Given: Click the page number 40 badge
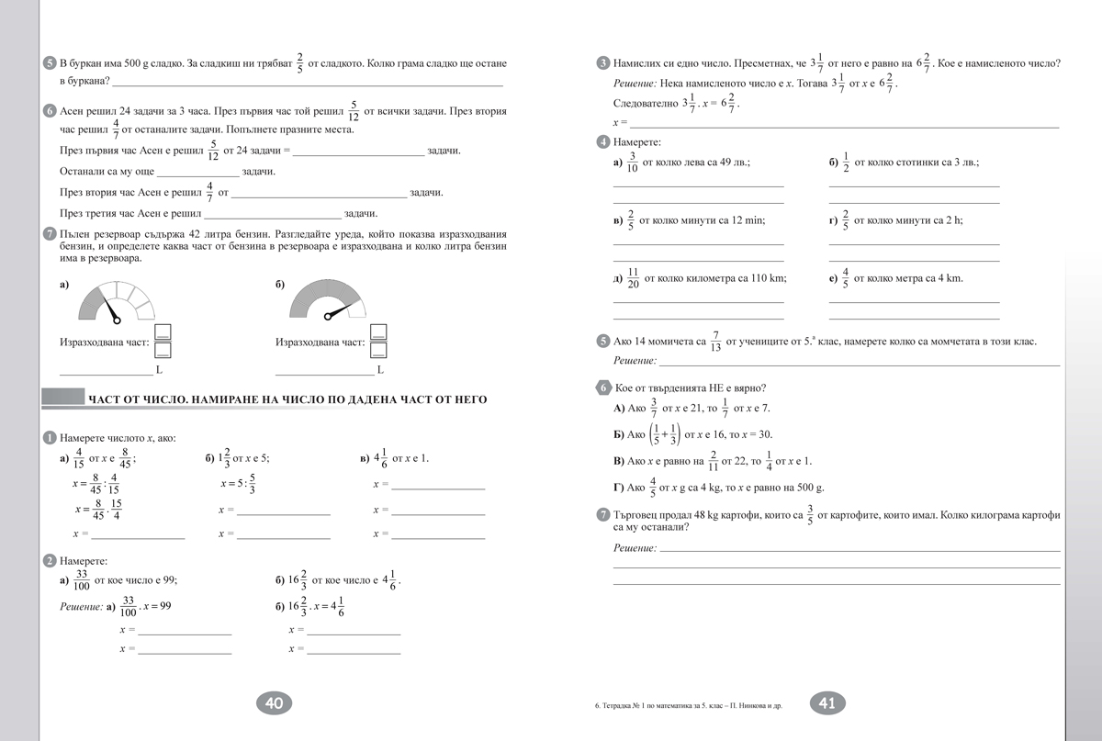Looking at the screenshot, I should coord(274,703).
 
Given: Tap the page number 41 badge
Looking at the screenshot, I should coord(826,703).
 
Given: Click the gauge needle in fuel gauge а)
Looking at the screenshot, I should coord(111,310).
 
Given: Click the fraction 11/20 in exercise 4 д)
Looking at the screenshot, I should coord(632,278).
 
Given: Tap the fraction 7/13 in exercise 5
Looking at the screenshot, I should coord(716,342).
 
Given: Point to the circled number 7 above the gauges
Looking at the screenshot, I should coord(50,234).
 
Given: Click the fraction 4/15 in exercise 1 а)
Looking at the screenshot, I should coord(79,458).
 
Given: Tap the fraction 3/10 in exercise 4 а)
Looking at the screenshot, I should coord(632,162).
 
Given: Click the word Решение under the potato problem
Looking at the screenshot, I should coord(635,548).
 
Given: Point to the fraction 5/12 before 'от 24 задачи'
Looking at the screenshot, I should coord(213,151).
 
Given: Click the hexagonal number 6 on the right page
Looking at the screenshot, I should coord(602,387).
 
